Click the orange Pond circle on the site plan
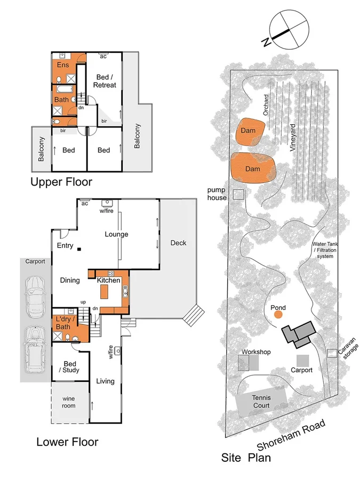point(278,314)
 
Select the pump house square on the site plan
point(237,195)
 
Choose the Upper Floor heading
point(61,182)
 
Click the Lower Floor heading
point(67,442)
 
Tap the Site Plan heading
point(246,458)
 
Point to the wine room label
point(68,402)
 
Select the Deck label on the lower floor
point(178,243)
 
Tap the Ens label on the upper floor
point(63,66)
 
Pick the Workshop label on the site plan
point(256,352)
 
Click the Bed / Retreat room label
point(105,81)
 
